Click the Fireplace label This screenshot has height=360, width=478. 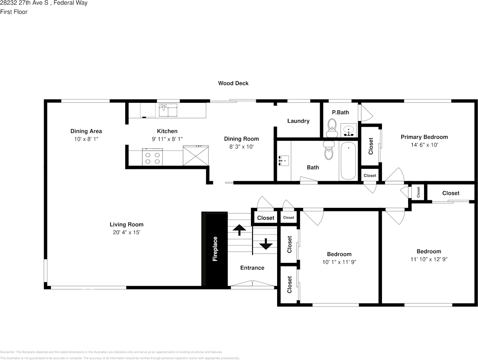(x=215, y=249)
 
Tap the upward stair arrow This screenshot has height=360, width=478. (x=239, y=230)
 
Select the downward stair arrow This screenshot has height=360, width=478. (x=265, y=244)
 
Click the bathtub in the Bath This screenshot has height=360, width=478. (x=348, y=161)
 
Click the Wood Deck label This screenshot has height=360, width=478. (x=233, y=83)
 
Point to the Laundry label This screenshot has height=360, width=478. (x=298, y=121)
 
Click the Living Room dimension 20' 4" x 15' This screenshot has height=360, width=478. (x=126, y=233)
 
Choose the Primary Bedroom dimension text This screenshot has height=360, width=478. (x=424, y=145)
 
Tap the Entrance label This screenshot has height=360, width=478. (x=252, y=268)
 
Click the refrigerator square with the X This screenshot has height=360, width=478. (x=196, y=156)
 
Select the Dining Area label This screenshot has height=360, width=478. (x=86, y=131)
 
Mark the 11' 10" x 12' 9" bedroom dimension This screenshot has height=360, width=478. (x=429, y=259)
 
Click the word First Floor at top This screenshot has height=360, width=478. (x=14, y=12)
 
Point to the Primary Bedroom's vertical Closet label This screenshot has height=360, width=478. (x=371, y=146)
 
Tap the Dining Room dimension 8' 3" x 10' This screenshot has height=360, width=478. (x=241, y=147)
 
